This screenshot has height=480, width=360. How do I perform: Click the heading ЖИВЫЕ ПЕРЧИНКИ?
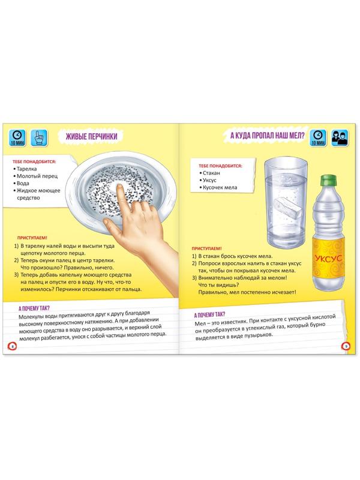coord(92,137)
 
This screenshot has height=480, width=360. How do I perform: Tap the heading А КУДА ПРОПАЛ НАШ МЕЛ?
coord(268,136)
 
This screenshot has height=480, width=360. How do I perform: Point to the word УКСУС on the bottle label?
coord(328,258)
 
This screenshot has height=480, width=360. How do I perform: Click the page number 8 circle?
coord(12,346)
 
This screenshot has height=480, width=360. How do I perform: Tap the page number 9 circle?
coord(346,346)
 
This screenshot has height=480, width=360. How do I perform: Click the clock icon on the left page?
coord(17,138)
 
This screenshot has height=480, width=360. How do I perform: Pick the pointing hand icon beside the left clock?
coord(40,138)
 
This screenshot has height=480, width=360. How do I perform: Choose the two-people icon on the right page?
coord(340,138)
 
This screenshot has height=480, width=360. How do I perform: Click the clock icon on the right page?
coord(318,138)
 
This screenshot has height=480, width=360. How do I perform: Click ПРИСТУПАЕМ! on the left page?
coord(32,238)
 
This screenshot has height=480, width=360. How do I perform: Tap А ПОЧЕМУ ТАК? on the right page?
coord(209,314)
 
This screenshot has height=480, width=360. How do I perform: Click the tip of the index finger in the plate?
coord(119,186)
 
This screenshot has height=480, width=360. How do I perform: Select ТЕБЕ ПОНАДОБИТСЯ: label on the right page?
coord(220,166)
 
